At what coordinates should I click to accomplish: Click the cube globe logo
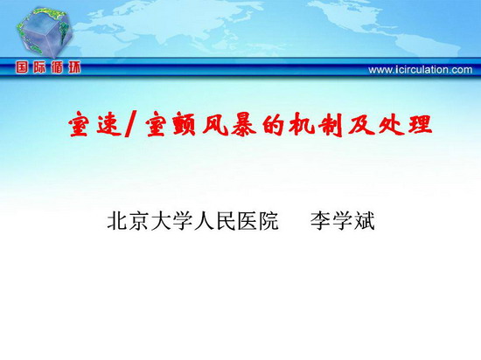click(x=45, y=32)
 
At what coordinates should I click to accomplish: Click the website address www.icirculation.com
click(x=421, y=70)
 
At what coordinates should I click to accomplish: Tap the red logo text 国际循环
click(x=48, y=67)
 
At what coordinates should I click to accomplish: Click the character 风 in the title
click(x=215, y=124)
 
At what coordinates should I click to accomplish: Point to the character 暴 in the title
click(x=244, y=124)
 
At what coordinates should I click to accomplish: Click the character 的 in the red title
click(x=273, y=124)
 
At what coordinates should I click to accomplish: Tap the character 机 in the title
click(x=302, y=124)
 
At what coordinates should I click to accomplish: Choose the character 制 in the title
click(x=331, y=125)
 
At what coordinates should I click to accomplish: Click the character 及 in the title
click(x=360, y=124)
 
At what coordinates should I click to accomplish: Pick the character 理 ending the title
click(x=420, y=124)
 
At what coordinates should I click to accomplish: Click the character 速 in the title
click(x=109, y=124)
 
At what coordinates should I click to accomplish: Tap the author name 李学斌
click(x=343, y=220)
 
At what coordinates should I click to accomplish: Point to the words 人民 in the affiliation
click(x=214, y=220)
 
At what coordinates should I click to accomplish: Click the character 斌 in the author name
click(x=365, y=220)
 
